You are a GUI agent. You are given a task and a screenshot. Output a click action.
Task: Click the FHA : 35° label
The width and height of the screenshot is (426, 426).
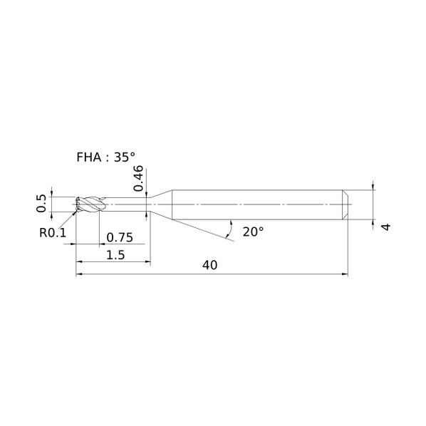pos(106,157)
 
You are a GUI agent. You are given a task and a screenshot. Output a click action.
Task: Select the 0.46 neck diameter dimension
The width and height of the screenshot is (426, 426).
pos(138,178)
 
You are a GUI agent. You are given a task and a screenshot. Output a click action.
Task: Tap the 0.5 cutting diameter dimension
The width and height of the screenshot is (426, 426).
pos(41,203)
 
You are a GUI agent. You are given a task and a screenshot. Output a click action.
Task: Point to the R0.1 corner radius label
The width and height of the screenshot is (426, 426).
pos(53,232)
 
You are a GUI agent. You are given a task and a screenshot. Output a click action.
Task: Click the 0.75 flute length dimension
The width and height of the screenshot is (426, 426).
pos(120,237)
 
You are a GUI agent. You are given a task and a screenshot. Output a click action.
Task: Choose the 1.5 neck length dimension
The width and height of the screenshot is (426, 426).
pos(115,255)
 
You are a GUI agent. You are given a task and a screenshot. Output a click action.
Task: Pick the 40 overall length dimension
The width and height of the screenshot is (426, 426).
pos(209,265)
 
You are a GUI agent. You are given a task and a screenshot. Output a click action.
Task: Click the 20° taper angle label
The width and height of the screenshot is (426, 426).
pos(253,232)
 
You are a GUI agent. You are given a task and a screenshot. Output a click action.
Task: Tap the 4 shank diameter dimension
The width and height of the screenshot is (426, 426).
pos(386,227)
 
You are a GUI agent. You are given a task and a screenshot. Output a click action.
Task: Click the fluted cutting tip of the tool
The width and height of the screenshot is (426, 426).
pos(90,204)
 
